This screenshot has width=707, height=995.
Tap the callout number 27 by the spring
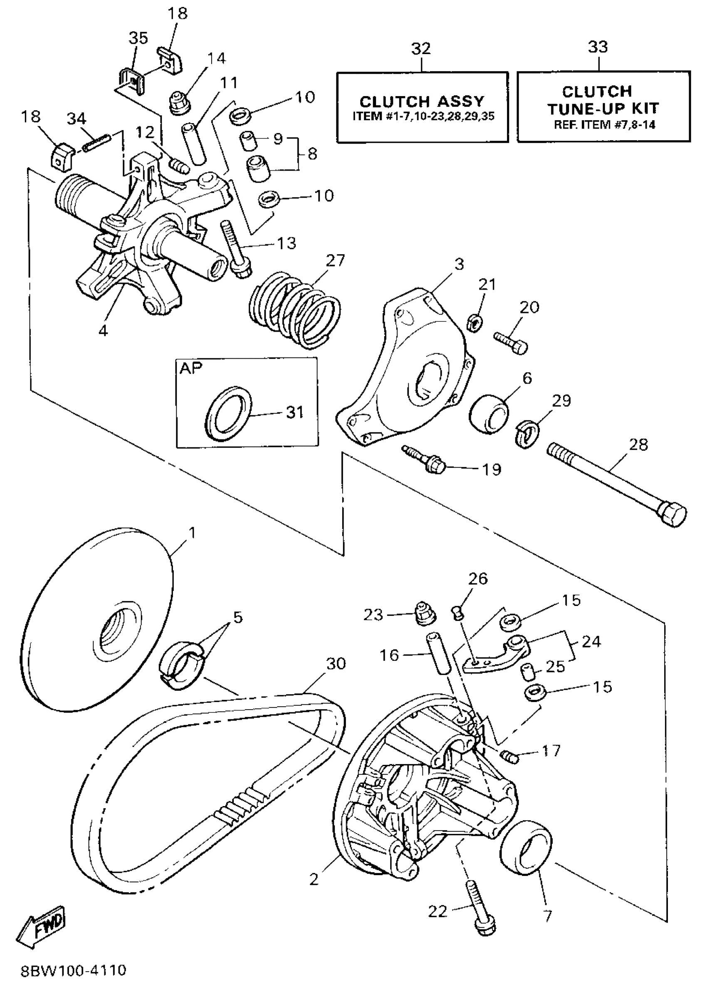point(335,261)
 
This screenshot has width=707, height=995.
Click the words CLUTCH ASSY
point(421,102)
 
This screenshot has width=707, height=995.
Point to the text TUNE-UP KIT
point(603,108)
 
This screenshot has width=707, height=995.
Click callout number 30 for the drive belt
point(336,663)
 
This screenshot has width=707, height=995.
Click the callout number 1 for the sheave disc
point(192,533)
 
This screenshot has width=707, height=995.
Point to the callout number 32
point(421,48)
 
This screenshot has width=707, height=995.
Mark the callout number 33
point(598,47)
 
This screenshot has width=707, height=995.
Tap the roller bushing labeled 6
point(489,414)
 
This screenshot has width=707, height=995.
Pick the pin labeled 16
point(438,654)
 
